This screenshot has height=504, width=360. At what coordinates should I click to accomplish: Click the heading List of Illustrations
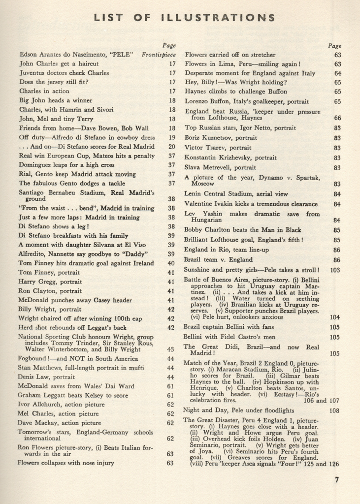click(x=185, y=18)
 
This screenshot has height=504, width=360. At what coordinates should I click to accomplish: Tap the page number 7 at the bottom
click(x=337, y=480)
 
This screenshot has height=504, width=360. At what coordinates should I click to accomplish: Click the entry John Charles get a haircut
click(x=59, y=63)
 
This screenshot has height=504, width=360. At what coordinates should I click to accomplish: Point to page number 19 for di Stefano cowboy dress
click(x=172, y=138)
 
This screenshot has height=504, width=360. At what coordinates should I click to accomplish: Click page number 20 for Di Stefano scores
click(x=172, y=147)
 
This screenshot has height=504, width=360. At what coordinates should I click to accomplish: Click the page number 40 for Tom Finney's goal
click(x=171, y=263)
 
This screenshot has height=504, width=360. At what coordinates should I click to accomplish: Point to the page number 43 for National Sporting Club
click(x=171, y=349)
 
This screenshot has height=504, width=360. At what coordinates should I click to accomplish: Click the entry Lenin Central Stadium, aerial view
click(x=236, y=194)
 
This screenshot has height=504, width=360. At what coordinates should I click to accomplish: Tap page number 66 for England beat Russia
click(x=337, y=118)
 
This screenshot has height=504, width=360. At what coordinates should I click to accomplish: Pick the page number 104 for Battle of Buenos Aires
click(x=335, y=317)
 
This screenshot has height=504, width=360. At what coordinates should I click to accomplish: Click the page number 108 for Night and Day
click(x=335, y=410)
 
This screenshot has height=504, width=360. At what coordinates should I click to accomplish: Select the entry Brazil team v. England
click(x=218, y=259)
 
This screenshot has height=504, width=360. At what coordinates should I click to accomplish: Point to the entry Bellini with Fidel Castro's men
click(x=229, y=337)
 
